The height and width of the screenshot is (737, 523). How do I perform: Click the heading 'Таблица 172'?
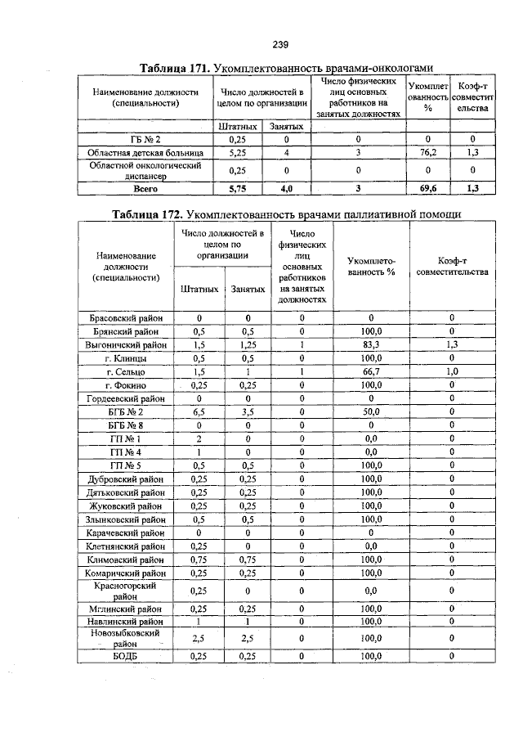click(x=145, y=214)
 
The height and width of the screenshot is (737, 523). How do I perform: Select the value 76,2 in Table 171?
click(x=426, y=152)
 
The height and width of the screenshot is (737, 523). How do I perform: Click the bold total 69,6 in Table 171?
click(x=426, y=187)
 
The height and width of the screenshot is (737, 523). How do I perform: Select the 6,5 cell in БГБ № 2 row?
click(x=198, y=411)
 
